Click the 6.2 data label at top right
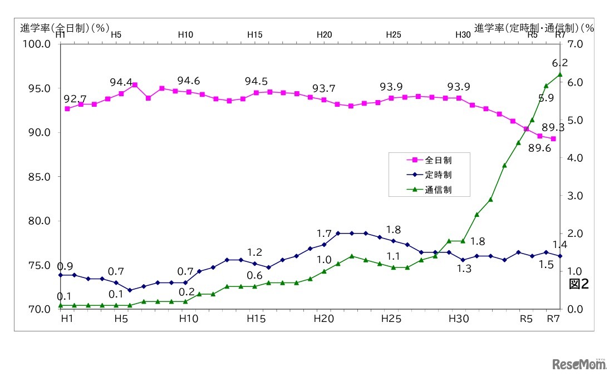(x=559, y=62)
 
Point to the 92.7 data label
(x=75, y=99)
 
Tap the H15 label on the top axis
(x=254, y=34)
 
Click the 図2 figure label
(x=578, y=284)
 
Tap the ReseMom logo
(x=578, y=365)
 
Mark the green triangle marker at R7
(x=560, y=75)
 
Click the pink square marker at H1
(x=67, y=109)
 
